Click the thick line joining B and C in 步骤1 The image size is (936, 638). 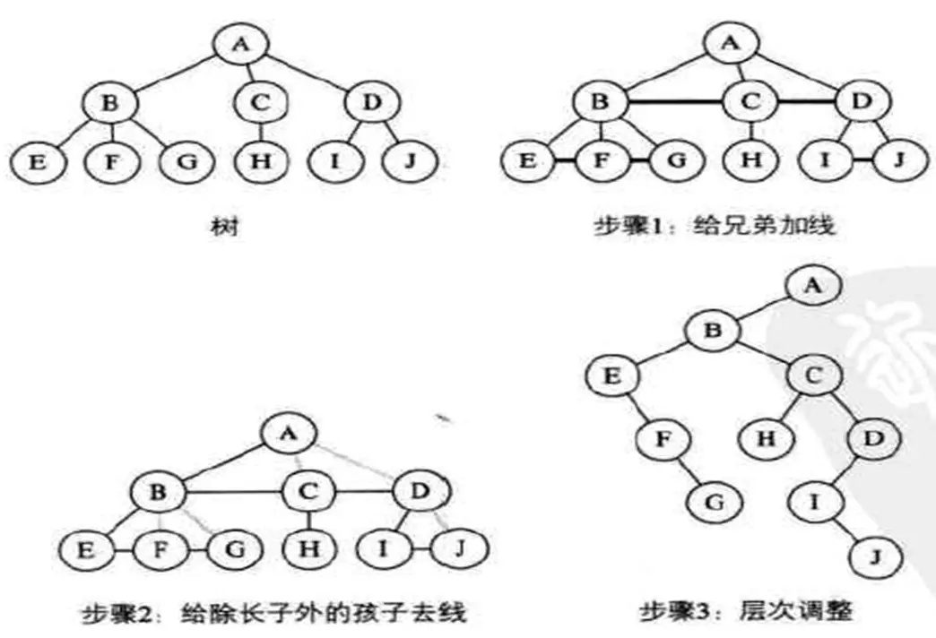pos(673,103)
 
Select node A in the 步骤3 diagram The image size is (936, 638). pos(813,288)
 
